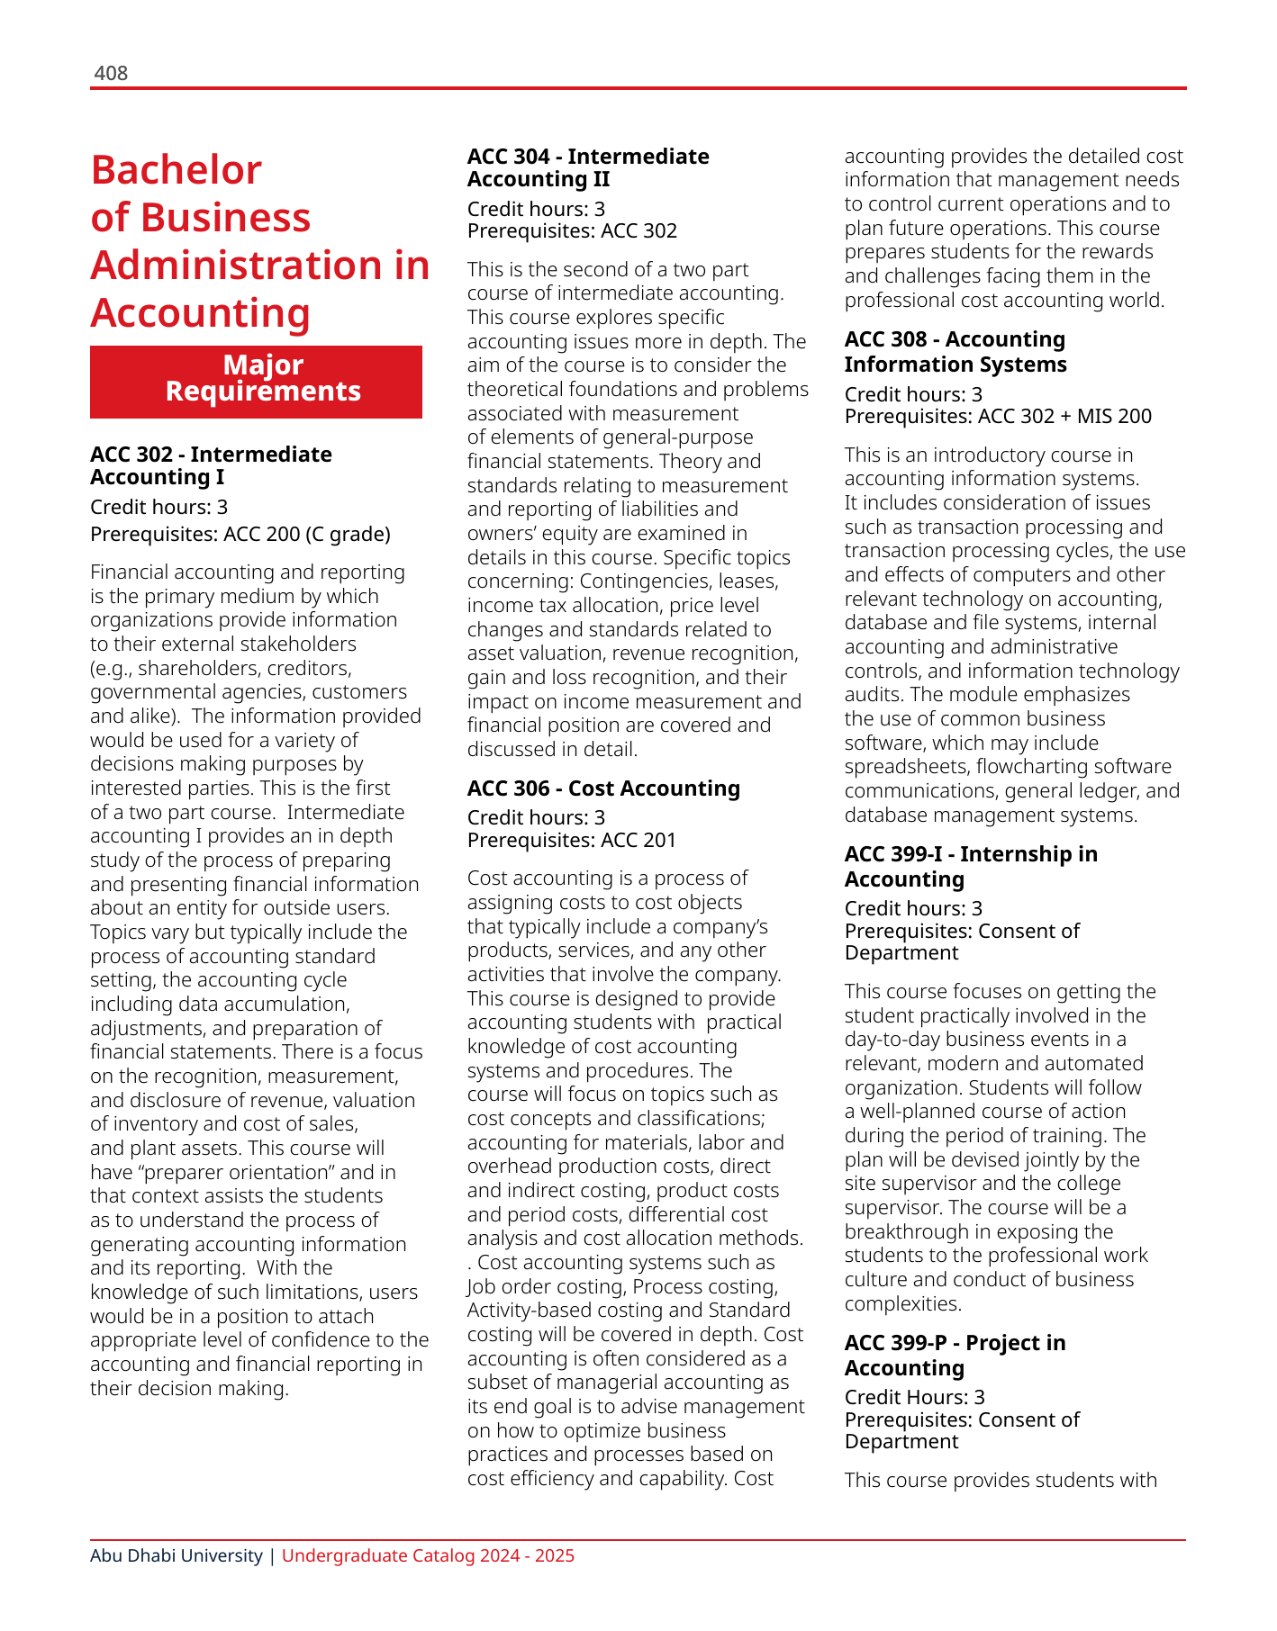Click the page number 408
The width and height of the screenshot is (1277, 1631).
tap(111, 73)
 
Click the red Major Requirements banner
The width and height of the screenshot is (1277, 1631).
tap(256, 381)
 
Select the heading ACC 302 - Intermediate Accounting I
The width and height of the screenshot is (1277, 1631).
tap(211, 465)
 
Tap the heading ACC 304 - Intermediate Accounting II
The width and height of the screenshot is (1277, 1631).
tap(587, 167)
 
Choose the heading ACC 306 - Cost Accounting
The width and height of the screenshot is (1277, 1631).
tap(602, 788)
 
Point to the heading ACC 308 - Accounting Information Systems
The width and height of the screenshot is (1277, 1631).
tap(955, 352)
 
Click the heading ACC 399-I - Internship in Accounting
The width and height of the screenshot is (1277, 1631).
tap(970, 866)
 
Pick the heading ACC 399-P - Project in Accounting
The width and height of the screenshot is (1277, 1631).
tap(955, 1355)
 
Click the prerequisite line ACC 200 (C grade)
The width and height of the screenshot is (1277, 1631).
tap(240, 534)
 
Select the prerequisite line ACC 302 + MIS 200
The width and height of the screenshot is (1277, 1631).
tap(998, 416)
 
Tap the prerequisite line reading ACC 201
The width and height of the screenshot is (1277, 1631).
tap(571, 840)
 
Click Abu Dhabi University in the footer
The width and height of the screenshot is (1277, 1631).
tap(176, 1555)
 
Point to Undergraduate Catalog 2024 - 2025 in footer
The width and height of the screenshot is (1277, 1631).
tap(428, 1555)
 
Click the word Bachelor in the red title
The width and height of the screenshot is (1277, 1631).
tap(177, 170)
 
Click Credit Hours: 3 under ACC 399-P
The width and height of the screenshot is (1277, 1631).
tap(914, 1397)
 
